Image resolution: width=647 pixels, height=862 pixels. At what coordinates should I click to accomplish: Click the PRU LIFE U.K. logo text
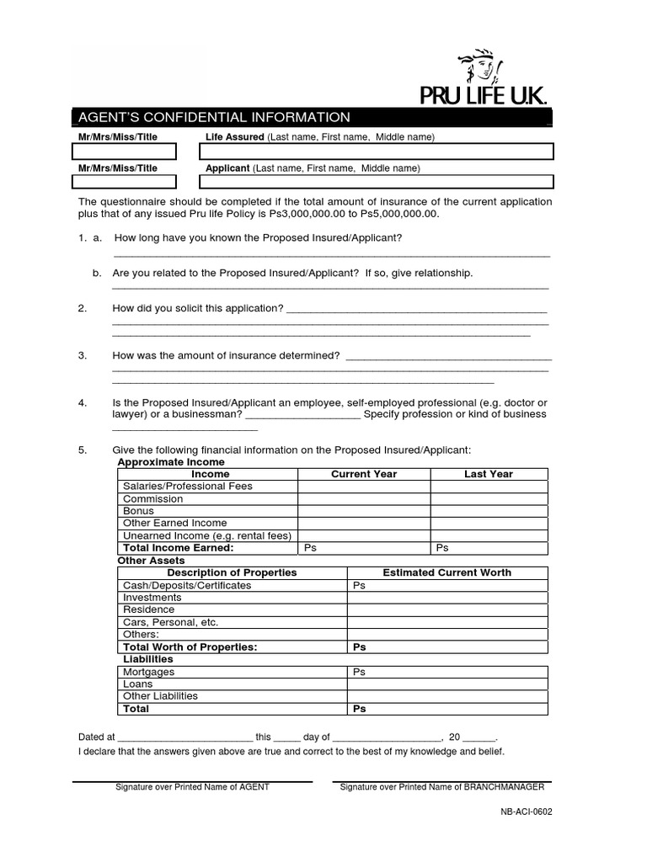click(484, 95)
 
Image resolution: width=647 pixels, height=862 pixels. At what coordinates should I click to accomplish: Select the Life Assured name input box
click(377, 152)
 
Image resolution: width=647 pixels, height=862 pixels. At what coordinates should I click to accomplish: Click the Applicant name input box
click(377, 182)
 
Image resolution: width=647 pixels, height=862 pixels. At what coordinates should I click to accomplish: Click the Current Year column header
click(363, 474)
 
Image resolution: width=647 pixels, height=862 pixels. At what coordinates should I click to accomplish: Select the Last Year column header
click(489, 474)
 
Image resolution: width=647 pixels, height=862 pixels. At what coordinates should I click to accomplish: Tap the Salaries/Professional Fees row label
click(187, 487)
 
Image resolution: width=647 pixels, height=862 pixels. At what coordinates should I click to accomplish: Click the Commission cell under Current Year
click(363, 498)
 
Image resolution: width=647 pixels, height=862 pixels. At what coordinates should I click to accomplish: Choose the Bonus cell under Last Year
click(489, 511)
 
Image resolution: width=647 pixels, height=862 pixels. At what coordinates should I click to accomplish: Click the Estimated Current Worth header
click(446, 572)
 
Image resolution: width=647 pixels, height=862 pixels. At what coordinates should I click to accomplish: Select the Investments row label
click(152, 598)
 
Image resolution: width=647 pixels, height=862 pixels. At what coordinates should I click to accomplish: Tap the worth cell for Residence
click(446, 609)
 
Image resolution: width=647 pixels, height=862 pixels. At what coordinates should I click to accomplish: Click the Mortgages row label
click(148, 672)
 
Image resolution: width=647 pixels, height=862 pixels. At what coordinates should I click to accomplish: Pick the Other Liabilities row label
click(160, 696)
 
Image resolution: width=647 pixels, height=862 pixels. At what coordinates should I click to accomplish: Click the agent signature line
click(192, 780)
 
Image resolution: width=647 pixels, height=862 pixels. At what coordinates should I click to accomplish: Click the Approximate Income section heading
click(171, 462)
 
